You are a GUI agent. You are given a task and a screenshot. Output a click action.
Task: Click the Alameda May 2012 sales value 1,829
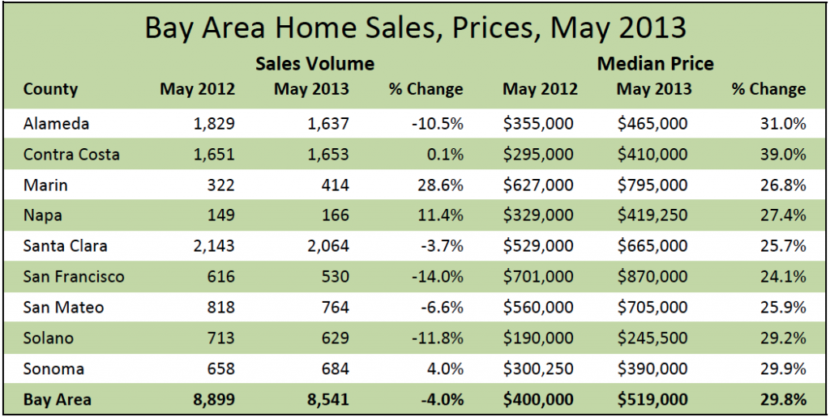click(212, 124)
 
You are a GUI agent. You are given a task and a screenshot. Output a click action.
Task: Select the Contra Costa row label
click(71, 155)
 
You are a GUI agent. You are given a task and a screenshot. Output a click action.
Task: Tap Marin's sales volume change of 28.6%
click(439, 185)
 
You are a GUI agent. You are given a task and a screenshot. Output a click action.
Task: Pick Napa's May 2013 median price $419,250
click(652, 216)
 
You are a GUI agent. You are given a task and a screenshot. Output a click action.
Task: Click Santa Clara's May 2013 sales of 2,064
click(325, 246)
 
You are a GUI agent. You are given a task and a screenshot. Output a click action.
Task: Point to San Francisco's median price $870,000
click(652, 277)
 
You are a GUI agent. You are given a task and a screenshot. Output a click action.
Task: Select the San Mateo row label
click(63, 308)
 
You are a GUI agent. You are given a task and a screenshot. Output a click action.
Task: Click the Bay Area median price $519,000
click(652, 399)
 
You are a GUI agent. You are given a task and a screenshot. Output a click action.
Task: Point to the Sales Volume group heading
click(314, 63)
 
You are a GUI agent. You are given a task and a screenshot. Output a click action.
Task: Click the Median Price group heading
click(656, 63)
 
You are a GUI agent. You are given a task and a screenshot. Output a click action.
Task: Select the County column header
click(50, 89)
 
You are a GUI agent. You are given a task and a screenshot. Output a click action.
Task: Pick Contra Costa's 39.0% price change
click(783, 155)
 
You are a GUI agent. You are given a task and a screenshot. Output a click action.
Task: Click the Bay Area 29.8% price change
click(783, 399)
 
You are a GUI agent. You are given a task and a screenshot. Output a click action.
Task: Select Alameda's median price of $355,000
click(538, 124)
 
